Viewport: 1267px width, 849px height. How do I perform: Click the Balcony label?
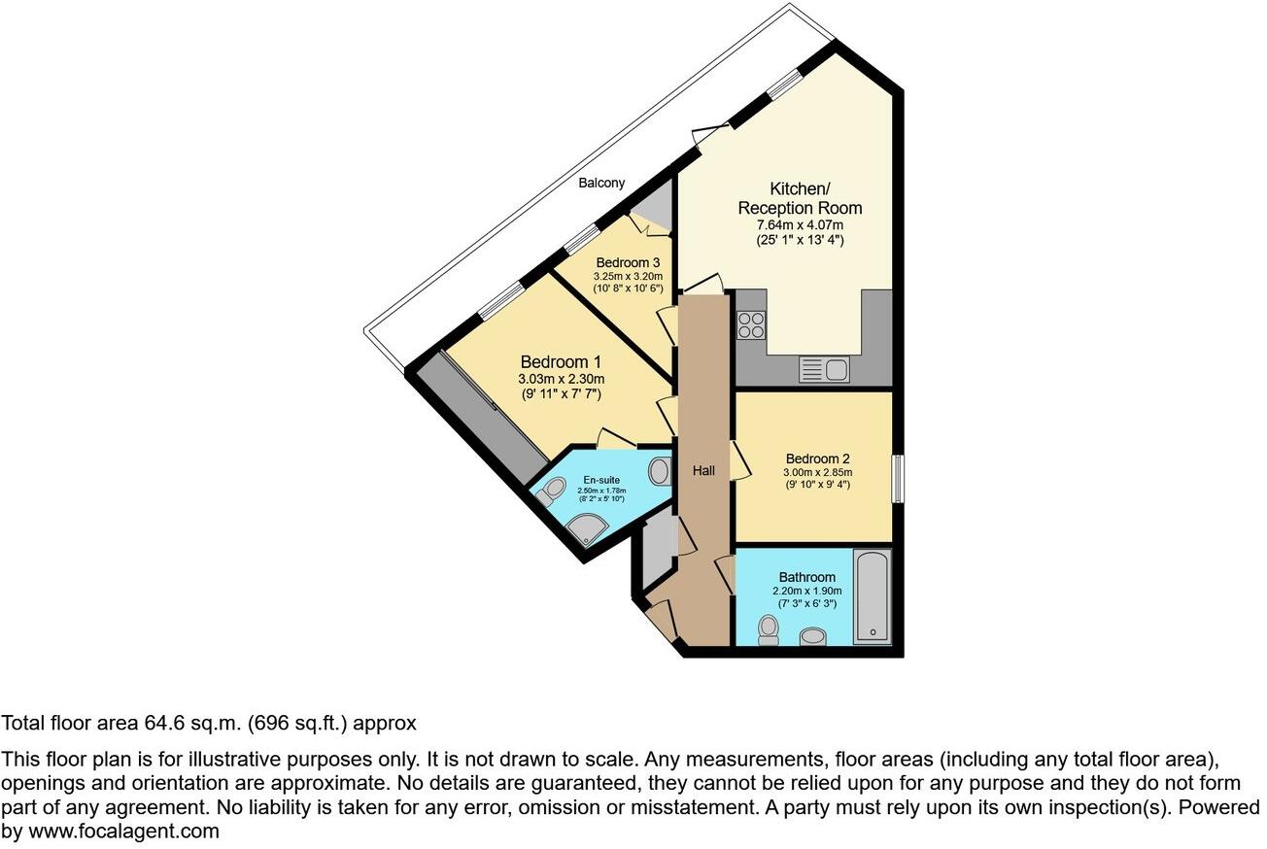click(601, 183)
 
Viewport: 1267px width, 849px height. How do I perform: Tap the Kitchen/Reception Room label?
click(800, 198)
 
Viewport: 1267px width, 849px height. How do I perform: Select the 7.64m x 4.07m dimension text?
click(800, 225)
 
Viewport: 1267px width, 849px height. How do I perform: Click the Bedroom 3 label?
click(628, 262)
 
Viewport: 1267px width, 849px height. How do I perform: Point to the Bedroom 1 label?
click(561, 361)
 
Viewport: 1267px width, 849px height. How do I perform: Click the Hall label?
click(703, 471)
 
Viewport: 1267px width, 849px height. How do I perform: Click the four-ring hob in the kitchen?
click(751, 323)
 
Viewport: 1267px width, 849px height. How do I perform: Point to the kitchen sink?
click(824, 369)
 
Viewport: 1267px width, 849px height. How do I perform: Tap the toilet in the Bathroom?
click(770, 629)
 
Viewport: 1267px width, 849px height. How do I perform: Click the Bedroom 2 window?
click(897, 478)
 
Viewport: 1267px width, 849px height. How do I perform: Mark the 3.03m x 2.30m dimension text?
click(561, 380)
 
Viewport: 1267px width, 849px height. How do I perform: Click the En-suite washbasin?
click(660, 473)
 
